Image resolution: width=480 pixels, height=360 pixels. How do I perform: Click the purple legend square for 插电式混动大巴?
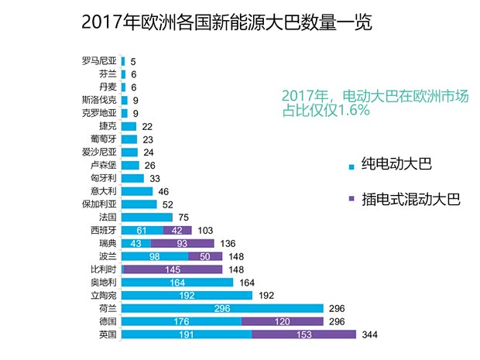click(351, 200)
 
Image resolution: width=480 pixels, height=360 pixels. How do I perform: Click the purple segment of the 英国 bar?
click(303, 334)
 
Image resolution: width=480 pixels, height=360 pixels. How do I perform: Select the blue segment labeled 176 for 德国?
click(181, 321)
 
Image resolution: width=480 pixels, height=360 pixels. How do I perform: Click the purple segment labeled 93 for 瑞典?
click(180, 243)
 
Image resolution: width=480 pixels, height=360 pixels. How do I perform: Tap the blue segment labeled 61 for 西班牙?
click(142, 230)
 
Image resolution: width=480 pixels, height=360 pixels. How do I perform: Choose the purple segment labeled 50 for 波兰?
click(204, 256)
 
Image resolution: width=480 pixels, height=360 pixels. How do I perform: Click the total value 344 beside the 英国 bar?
click(373, 334)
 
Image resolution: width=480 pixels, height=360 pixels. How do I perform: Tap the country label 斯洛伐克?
click(99, 100)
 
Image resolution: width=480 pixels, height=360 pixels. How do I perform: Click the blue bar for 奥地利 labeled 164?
click(177, 282)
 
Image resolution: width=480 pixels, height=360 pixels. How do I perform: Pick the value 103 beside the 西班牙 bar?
click(204, 230)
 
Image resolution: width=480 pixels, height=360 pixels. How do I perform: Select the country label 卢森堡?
click(103, 165)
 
